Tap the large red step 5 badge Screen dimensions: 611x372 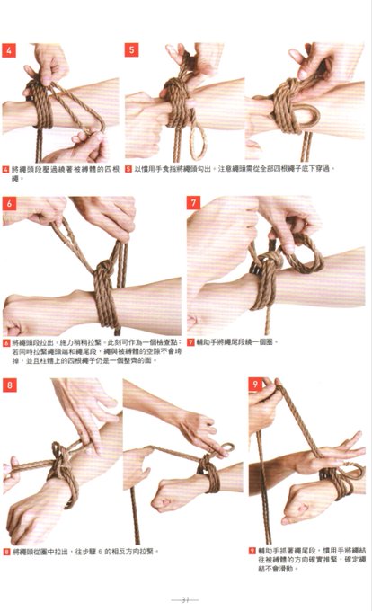(132, 50)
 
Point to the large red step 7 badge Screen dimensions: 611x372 (193, 204)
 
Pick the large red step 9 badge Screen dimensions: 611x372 (255, 385)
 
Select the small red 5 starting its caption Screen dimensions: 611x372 (128, 168)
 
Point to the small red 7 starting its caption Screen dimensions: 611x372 (190, 342)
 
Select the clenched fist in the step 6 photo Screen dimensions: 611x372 (27, 314)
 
